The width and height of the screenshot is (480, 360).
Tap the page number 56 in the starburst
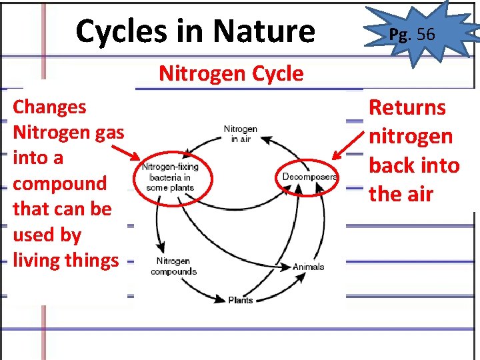[425, 34]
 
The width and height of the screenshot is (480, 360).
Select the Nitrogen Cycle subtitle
[231, 73]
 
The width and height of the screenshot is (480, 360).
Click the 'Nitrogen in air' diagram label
[240, 133]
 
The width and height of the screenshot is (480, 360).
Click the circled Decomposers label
[309, 177]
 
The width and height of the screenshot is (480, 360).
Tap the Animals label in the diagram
[308, 267]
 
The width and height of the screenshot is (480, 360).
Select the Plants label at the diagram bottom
[240, 300]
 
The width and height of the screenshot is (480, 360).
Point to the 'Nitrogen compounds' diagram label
[173, 266]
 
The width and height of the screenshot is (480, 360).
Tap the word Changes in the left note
[49, 107]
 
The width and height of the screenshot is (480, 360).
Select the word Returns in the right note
[407, 107]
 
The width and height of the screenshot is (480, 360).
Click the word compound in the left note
[59, 183]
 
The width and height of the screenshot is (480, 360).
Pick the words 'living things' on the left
[65, 260]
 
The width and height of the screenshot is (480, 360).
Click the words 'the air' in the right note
[401, 195]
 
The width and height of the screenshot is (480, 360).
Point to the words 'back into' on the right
[414, 165]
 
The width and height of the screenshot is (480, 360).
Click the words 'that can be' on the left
[62, 209]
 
